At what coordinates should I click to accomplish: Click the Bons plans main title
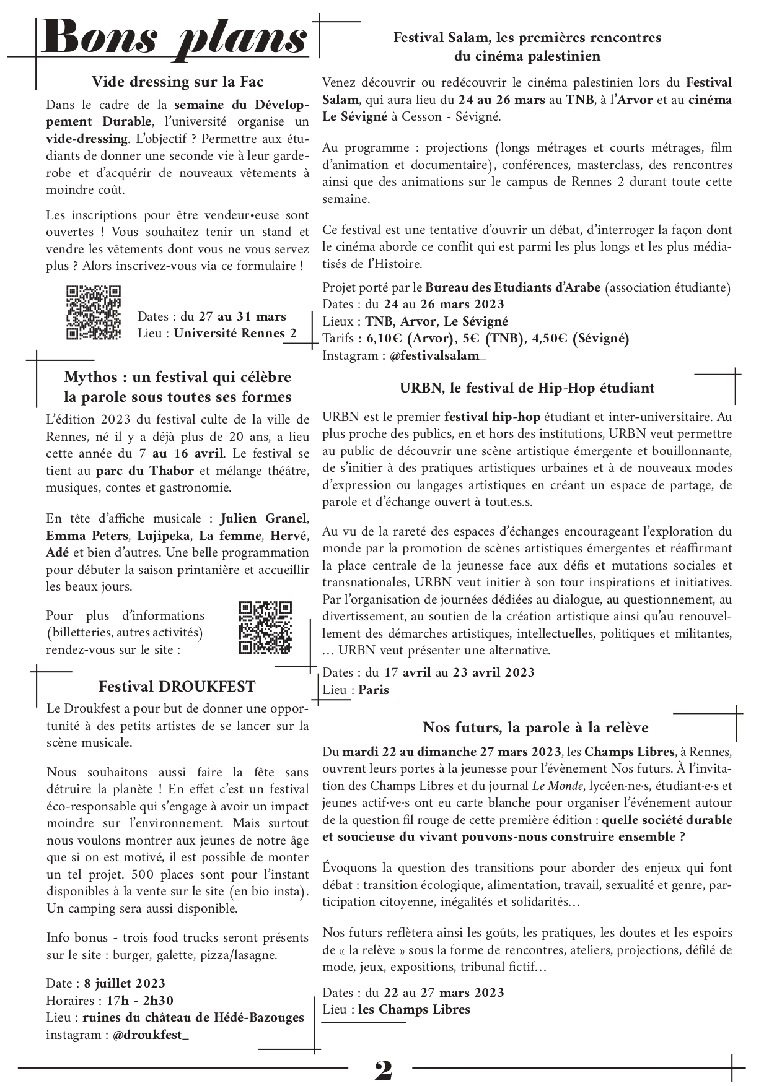point(175,38)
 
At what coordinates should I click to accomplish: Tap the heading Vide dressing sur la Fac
point(177,82)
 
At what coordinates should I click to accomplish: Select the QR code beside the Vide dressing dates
point(94,313)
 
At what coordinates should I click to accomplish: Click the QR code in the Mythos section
point(265,627)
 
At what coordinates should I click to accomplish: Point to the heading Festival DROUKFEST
point(177,687)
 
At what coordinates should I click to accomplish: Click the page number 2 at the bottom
point(383,1070)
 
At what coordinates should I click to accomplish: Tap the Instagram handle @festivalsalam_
point(438,355)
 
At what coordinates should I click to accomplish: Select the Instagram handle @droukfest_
point(151,1035)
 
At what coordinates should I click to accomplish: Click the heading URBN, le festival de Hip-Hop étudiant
point(527,388)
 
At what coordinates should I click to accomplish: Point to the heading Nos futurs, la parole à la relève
point(535,727)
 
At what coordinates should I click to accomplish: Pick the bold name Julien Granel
point(263,519)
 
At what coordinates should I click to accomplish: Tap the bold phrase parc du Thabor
point(145,471)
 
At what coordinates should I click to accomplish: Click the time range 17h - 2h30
point(140,1001)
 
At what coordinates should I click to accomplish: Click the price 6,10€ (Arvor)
point(410,339)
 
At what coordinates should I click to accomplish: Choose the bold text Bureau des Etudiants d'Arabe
point(513,287)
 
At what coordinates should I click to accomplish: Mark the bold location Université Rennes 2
point(235,333)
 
